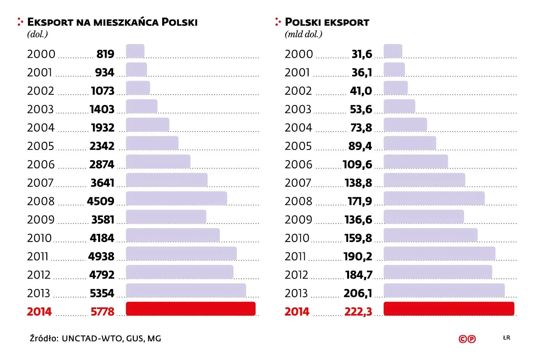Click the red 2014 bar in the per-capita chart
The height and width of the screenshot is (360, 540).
point(191,309)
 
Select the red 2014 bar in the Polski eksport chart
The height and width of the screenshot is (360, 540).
point(448,309)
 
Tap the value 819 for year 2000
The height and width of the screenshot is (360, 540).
point(105,54)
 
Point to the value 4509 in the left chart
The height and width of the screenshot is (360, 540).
point(101,201)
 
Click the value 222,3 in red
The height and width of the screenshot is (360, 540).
point(358,312)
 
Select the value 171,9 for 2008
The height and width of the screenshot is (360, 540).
point(360,201)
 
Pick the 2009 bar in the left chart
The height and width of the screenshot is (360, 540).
point(166,217)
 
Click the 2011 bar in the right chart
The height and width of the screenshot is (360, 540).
point(439,254)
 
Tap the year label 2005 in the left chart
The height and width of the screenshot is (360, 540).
point(41,146)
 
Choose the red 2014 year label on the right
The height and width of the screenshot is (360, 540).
point(297,312)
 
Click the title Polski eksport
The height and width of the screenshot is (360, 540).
point(327,22)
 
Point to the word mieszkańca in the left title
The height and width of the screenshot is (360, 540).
point(126,22)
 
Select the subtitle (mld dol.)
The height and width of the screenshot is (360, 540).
point(304,34)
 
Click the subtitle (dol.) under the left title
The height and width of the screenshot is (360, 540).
point(37,34)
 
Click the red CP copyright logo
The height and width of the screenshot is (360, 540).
point(467,339)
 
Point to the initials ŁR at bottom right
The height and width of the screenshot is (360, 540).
point(506,337)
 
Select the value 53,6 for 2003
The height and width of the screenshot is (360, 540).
point(361,109)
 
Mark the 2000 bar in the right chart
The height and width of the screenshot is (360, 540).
point(393,51)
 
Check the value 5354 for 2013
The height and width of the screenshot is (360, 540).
point(102,293)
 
